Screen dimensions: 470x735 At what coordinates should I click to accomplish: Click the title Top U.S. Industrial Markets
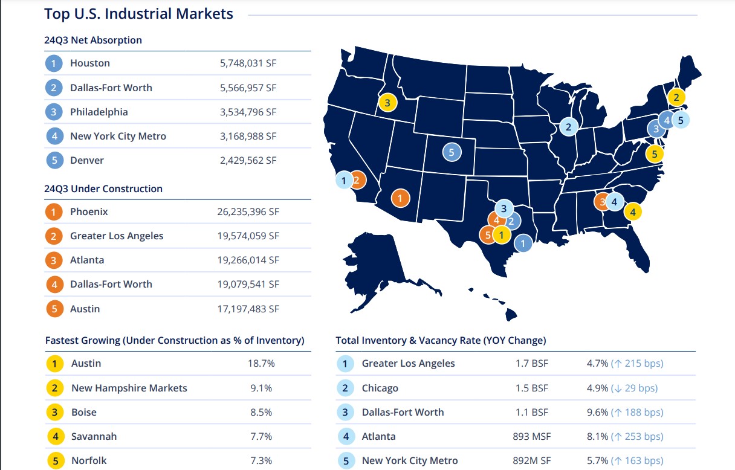pyautogui.click(x=138, y=14)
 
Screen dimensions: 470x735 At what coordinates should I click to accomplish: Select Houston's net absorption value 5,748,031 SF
pyautogui.click(x=248, y=63)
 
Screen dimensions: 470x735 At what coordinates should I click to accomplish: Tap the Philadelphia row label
pyautogui.click(x=99, y=112)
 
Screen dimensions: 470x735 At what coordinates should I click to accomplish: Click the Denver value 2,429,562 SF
pyautogui.click(x=248, y=160)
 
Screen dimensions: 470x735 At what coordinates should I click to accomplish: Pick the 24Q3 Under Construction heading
pyautogui.click(x=103, y=188)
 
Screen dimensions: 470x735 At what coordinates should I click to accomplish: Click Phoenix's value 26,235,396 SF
pyautogui.click(x=248, y=212)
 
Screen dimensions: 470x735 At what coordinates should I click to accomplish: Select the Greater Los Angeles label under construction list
pyautogui.click(x=117, y=236)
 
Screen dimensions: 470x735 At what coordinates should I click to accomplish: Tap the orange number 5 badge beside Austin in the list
pyautogui.click(x=54, y=309)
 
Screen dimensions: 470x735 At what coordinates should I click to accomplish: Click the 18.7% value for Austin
pyautogui.click(x=262, y=364)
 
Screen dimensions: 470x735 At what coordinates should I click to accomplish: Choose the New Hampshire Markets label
pyautogui.click(x=129, y=388)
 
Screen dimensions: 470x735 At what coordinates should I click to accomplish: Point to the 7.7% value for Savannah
pyautogui.click(x=261, y=436)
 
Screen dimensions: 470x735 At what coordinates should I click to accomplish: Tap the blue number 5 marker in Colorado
pyautogui.click(x=451, y=152)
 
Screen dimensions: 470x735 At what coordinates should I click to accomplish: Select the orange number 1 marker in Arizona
pyautogui.click(x=400, y=198)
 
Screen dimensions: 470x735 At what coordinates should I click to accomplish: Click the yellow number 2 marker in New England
pyautogui.click(x=676, y=97)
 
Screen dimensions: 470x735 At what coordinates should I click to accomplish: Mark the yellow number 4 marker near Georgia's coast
pyautogui.click(x=632, y=211)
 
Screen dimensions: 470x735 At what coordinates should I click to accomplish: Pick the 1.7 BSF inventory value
pyautogui.click(x=531, y=364)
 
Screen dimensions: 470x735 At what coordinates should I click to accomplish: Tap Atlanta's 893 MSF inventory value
pyautogui.click(x=532, y=436)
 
